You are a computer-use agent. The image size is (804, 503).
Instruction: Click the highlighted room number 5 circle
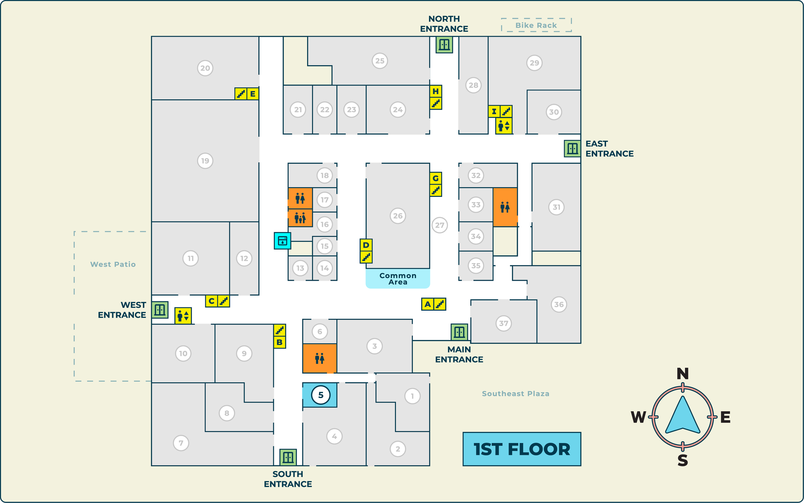[x=320, y=395]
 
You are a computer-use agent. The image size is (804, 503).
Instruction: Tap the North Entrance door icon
[x=444, y=45]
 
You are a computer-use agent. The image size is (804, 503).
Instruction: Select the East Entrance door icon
[x=572, y=148]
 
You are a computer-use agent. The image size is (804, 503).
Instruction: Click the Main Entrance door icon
[x=459, y=332]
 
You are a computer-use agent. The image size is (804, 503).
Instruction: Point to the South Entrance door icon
[x=288, y=457]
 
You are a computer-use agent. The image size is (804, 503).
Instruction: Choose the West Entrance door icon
[x=160, y=310]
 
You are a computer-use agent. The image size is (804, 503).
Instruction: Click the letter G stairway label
[x=435, y=178]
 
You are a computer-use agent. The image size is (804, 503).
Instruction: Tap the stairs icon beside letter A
[x=440, y=304]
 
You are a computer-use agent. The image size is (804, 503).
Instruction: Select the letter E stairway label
[x=253, y=94]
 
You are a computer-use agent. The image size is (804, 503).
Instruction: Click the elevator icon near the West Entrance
[x=183, y=316]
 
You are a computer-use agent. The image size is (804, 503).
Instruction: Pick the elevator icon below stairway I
[x=504, y=126]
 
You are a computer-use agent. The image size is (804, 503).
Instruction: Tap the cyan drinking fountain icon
[x=282, y=241]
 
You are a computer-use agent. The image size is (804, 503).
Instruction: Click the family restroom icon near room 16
[x=300, y=218]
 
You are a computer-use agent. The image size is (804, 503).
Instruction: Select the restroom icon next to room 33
[x=505, y=207]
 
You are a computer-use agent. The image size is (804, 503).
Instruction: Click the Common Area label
[x=398, y=279]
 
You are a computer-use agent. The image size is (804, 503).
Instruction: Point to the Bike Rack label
[x=536, y=25]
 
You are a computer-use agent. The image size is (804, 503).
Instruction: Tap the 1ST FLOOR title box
[x=522, y=449]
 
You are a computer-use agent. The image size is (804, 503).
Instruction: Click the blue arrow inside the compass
[x=682, y=416]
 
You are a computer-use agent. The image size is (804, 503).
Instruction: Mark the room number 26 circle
[x=398, y=216]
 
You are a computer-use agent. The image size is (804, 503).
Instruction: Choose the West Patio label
[x=113, y=264]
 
